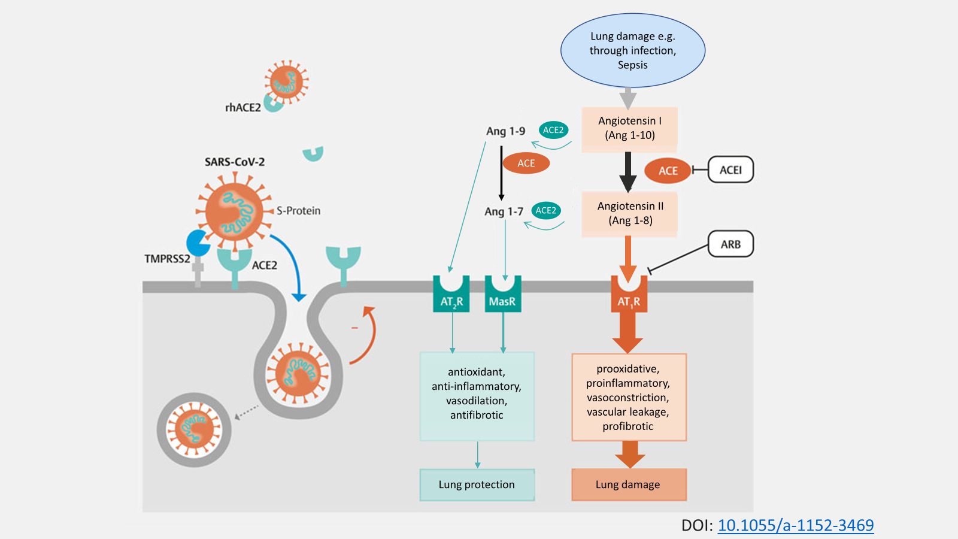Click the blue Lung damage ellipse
tap(632, 50)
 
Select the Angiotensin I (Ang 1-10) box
tap(629, 128)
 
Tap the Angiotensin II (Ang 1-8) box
tap(630, 213)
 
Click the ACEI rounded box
tap(730, 170)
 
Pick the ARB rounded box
tap(730, 244)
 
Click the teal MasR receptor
tap(502, 296)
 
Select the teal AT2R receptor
tap(451, 296)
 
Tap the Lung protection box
tap(477, 485)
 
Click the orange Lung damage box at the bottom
tap(629, 485)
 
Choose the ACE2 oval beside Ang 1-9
tap(553, 130)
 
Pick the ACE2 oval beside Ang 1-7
tap(545, 210)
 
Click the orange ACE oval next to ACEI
tap(668, 171)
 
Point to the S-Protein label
tap(298, 211)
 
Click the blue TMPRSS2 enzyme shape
tap(198, 243)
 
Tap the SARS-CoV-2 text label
tap(235, 162)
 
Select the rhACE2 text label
tap(242, 108)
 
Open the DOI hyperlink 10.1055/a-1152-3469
tap(795, 525)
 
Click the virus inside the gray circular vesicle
tap(194, 429)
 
